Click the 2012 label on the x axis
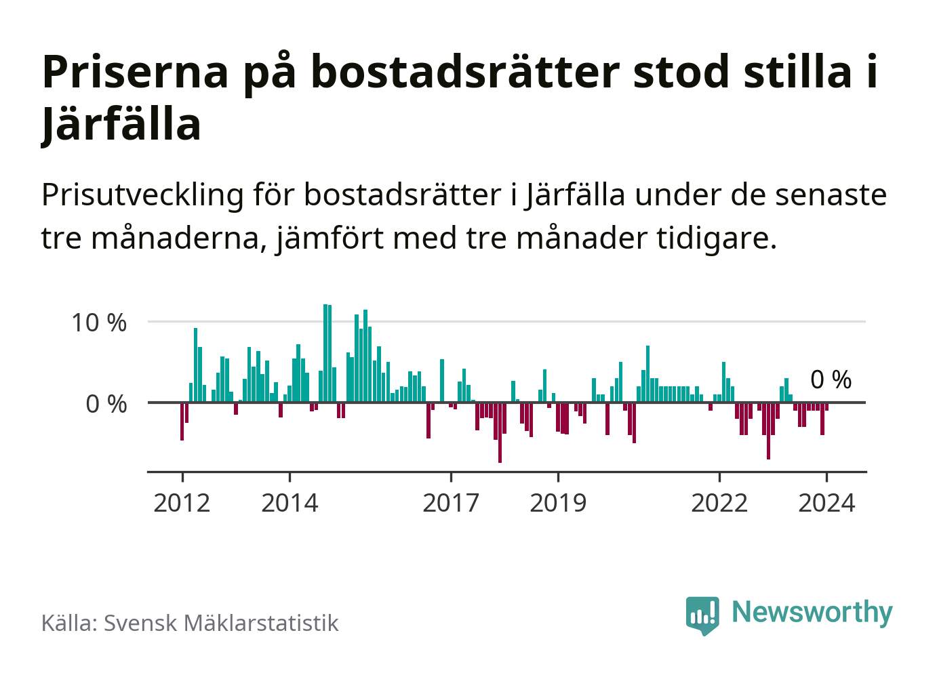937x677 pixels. coord(182,503)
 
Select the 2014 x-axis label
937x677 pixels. coord(290,503)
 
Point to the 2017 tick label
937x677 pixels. coord(451,503)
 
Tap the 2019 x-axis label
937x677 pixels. coord(558,503)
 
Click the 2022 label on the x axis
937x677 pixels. coord(719,503)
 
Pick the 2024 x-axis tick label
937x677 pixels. coord(826,503)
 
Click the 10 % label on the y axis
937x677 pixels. coord(99,323)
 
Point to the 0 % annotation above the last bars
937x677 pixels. coord(831,379)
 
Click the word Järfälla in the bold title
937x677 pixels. coord(121,125)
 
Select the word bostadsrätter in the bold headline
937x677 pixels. coord(465,72)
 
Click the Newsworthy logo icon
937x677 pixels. coord(702,615)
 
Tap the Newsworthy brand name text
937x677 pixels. coord(812,612)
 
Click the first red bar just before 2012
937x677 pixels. coord(182,421)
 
